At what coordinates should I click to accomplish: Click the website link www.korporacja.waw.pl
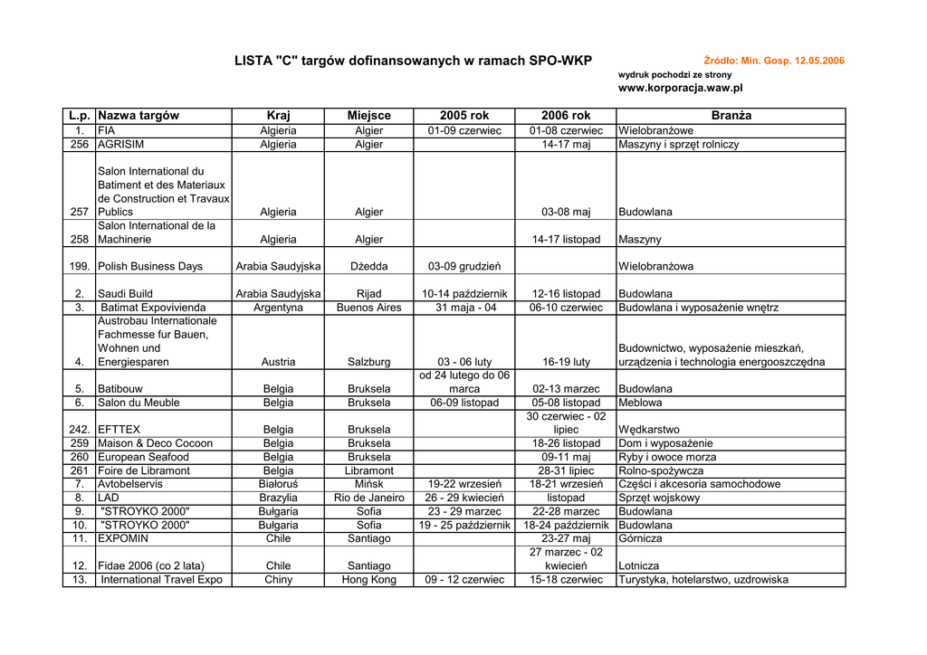click(680, 88)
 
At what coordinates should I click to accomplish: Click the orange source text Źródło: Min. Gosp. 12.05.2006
click(773, 61)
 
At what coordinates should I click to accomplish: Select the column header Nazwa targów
click(139, 116)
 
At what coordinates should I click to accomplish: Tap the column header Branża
click(731, 116)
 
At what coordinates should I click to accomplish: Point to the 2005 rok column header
click(464, 116)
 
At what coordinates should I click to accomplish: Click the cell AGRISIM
click(121, 144)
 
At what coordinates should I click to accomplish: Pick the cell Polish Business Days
click(150, 267)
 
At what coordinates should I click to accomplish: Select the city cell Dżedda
click(368, 267)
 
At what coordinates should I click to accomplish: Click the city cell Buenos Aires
click(368, 308)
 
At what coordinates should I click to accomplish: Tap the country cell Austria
click(278, 362)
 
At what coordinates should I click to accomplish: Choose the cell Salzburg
click(368, 362)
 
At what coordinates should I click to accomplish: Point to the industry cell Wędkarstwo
click(649, 430)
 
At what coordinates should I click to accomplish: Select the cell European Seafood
click(143, 457)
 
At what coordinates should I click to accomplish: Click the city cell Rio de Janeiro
click(368, 498)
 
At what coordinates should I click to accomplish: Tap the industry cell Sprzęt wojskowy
click(659, 498)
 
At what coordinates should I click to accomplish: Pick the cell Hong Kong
click(368, 580)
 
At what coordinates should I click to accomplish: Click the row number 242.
click(79, 430)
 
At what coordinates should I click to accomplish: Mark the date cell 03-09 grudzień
click(464, 267)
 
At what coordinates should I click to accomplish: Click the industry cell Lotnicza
click(639, 566)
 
